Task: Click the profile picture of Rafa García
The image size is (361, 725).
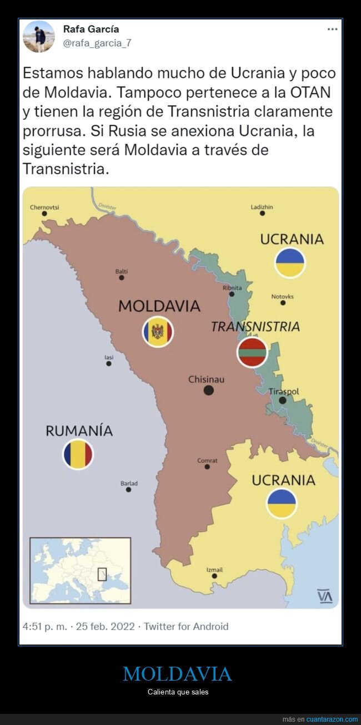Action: [38, 37]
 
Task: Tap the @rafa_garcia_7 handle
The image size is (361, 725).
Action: [97, 43]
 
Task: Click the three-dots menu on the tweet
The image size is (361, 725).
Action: [332, 29]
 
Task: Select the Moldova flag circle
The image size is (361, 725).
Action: [158, 332]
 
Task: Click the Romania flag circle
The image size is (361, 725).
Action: [78, 454]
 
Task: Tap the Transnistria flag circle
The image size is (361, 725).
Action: [252, 352]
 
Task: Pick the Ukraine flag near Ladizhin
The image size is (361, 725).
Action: [290, 263]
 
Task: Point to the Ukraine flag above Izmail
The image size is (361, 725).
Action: [282, 503]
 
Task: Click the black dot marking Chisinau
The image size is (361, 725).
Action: [209, 391]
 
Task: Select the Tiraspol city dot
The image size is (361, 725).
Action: [283, 400]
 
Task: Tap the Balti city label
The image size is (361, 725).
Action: [121, 271]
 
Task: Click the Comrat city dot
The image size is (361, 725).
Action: [207, 467]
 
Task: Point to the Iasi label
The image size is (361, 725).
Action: [109, 357]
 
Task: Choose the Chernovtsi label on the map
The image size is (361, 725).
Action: [44, 207]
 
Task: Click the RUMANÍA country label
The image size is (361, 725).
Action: [79, 430]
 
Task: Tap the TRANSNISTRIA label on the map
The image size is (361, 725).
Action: [255, 327]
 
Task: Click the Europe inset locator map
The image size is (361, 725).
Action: [80, 570]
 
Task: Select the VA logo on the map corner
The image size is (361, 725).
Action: [324, 596]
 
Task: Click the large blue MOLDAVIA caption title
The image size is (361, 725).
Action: [177, 674]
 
